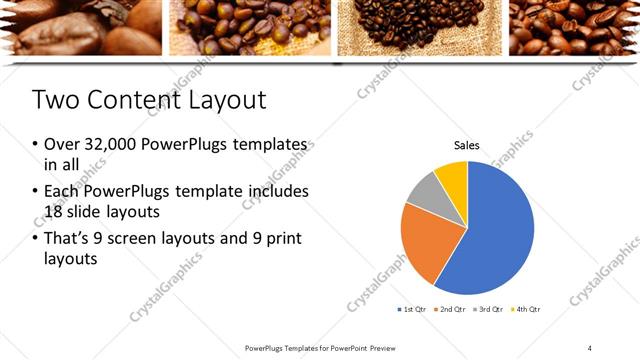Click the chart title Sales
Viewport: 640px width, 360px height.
tap(467, 146)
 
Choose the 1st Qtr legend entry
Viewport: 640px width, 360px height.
tap(414, 310)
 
